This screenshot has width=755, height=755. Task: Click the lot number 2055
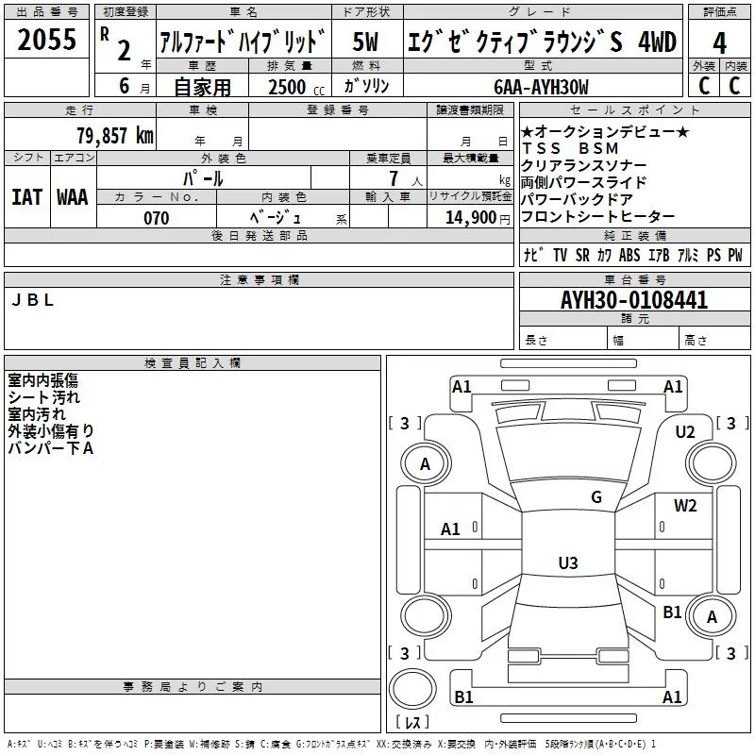click(x=47, y=40)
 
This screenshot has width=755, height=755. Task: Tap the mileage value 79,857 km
click(x=114, y=135)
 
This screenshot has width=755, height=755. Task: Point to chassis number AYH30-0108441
click(x=634, y=300)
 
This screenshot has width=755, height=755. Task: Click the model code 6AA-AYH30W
click(x=541, y=87)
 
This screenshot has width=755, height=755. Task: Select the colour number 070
click(x=157, y=218)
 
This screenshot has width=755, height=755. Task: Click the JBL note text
click(x=32, y=300)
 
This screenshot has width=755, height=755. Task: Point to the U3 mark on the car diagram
click(x=567, y=563)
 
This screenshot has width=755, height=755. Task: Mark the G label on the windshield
click(x=596, y=497)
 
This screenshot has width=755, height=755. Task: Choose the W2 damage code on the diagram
click(x=685, y=505)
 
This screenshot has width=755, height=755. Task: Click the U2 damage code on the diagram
click(x=685, y=431)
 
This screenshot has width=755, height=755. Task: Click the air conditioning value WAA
click(x=73, y=196)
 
